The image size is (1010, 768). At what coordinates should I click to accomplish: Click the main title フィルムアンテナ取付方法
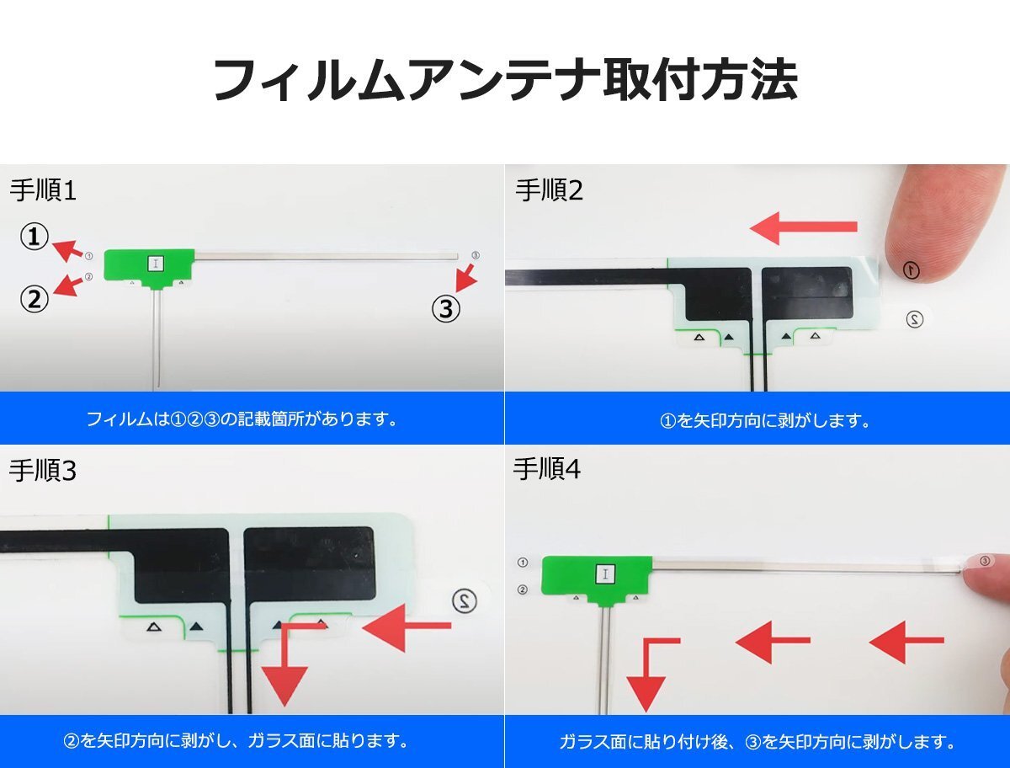click(x=505, y=80)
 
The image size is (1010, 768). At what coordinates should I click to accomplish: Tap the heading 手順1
click(x=43, y=190)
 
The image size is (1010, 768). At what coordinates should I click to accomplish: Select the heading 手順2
click(x=549, y=190)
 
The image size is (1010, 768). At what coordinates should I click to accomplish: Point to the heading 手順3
click(x=43, y=471)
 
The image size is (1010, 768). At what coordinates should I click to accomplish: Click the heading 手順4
click(x=547, y=469)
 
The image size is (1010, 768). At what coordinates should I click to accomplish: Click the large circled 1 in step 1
click(x=34, y=237)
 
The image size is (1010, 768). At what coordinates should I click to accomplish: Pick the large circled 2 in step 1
click(x=34, y=299)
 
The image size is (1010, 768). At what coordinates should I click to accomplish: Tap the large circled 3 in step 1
click(x=446, y=309)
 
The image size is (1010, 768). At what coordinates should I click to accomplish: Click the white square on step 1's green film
click(x=156, y=264)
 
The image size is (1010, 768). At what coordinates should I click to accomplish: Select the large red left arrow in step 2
click(x=804, y=227)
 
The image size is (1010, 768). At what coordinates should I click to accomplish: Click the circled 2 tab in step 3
click(x=465, y=600)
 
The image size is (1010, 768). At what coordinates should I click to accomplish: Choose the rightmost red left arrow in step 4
click(x=906, y=641)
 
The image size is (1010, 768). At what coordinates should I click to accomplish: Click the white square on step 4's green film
click(x=605, y=574)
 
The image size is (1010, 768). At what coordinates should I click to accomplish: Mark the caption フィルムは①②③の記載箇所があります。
click(x=242, y=419)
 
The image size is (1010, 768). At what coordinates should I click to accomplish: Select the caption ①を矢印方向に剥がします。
click(x=765, y=421)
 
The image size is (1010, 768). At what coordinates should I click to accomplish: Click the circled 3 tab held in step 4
click(x=985, y=561)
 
